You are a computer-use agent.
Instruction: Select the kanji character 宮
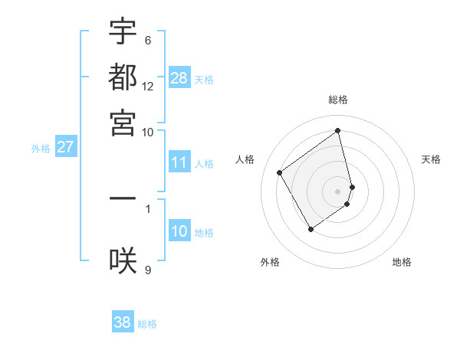click(x=123, y=123)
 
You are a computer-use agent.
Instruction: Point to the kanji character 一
click(x=123, y=198)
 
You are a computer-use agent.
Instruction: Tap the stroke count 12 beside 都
click(x=148, y=87)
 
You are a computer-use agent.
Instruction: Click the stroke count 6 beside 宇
click(x=147, y=41)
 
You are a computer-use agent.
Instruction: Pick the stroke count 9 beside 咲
click(x=147, y=269)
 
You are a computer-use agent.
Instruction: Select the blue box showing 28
click(x=179, y=78)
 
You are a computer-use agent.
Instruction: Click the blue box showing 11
click(x=179, y=162)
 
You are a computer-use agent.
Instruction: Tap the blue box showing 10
click(x=179, y=231)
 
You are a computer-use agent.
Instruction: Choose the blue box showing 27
click(x=65, y=147)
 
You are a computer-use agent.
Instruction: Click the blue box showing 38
click(x=123, y=322)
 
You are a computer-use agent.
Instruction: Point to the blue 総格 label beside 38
click(x=147, y=324)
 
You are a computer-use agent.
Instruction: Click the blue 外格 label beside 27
click(x=40, y=149)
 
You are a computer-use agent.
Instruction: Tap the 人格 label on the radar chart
click(x=245, y=159)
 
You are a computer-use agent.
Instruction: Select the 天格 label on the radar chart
click(x=432, y=159)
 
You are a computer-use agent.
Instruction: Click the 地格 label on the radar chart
click(x=402, y=262)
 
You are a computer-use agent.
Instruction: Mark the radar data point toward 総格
click(x=338, y=130)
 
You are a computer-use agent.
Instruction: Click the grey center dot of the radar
click(x=338, y=191)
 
